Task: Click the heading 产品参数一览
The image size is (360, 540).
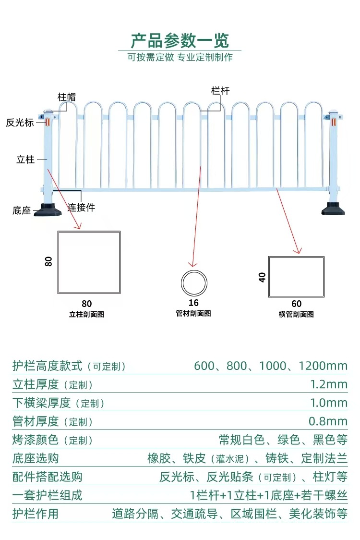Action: (x=180, y=40)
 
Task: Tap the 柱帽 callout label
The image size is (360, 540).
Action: (x=67, y=97)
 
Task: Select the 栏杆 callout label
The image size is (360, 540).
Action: (x=220, y=91)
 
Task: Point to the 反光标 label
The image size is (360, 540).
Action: (x=20, y=123)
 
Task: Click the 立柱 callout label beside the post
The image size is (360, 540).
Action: (x=25, y=160)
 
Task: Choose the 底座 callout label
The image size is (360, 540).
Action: (x=22, y=210)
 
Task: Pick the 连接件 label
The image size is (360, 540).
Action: (x=81, y=208)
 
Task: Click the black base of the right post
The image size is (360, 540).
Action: (x=333, y=209)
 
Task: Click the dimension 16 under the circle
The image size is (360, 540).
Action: (x=193, y=303)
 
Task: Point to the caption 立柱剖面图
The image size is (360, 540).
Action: (x=86, y=314)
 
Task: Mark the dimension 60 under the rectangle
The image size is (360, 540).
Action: (x=296, y=304)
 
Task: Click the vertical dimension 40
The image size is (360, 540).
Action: (x=262, y=277)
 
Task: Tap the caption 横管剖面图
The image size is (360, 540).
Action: (x=296, y=314)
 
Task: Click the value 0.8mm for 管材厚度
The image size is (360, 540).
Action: (x=328, y=421)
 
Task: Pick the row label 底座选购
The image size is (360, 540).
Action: (x=36, y=458)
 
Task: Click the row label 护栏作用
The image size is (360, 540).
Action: (x=36, y=514)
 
